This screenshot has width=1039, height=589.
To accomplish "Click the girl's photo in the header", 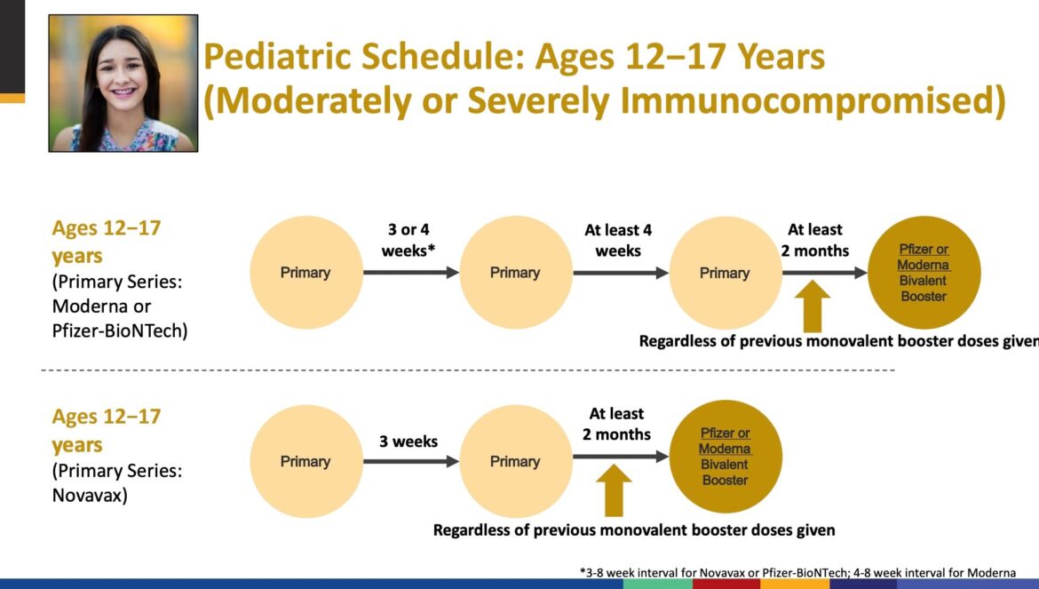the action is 123,84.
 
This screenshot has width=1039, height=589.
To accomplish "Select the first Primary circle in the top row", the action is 306,273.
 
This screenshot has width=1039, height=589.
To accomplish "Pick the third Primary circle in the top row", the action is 726,273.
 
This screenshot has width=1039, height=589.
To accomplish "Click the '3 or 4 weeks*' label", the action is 408,240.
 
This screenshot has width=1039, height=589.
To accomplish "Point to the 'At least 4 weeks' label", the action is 617,240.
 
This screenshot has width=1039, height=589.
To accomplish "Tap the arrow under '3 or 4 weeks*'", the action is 411,273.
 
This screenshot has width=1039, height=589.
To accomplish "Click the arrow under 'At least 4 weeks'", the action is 621,273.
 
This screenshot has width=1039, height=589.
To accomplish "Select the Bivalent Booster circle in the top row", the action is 924,273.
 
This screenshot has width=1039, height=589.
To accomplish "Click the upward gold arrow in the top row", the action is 813,306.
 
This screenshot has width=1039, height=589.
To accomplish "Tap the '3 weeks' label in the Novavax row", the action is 408,442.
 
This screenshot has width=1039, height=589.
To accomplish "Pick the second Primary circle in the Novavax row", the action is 516,461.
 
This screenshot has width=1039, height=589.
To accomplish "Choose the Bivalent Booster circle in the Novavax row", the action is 726,457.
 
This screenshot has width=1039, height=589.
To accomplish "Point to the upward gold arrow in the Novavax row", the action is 614,490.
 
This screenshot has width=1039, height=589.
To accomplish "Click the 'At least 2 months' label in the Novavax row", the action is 616,424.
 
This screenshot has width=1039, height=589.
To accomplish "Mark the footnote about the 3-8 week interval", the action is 797,572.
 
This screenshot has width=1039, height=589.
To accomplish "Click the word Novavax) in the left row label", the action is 90,495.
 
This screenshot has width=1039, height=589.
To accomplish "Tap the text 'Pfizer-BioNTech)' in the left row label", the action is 120,330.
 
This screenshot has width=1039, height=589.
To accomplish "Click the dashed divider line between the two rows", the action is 468,370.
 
